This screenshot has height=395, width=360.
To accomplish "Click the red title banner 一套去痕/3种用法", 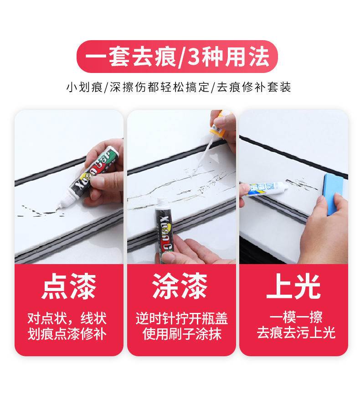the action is coord(177,57).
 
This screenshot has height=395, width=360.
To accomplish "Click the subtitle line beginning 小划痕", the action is coord(179,87).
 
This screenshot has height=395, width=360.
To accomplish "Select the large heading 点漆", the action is coord(69,287).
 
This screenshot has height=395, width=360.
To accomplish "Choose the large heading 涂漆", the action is coord(180,286).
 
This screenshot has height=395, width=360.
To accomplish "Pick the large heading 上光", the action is coord(293,286).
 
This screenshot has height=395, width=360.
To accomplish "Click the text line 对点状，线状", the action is coord(67,318).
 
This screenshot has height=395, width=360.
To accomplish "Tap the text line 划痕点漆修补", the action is coord(67,334).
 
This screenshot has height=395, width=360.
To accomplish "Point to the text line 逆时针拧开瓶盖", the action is coord(181,318).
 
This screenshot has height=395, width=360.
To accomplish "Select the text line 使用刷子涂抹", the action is coord(182,334).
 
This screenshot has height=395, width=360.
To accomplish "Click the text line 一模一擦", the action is coord(296,317).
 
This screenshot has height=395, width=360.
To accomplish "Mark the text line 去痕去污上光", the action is coord(296,333).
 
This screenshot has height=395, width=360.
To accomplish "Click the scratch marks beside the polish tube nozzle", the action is coord(302,184).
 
